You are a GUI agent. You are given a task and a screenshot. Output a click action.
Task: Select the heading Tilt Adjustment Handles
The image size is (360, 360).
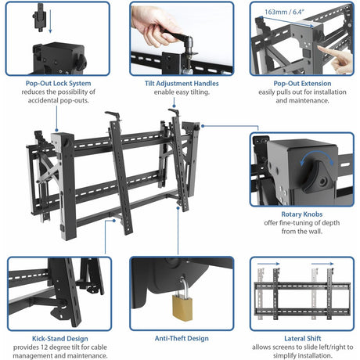182,83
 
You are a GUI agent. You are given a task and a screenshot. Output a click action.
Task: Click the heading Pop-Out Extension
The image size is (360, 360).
301,83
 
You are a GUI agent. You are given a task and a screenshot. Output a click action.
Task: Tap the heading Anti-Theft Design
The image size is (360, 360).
182,338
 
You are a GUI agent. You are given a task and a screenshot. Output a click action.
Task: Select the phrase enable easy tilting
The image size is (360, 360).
182,92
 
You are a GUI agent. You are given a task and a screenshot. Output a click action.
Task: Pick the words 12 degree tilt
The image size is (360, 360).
65,347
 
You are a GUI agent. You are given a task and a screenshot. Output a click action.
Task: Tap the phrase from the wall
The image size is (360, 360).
301,232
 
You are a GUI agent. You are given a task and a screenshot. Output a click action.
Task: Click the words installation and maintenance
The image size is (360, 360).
301,100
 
